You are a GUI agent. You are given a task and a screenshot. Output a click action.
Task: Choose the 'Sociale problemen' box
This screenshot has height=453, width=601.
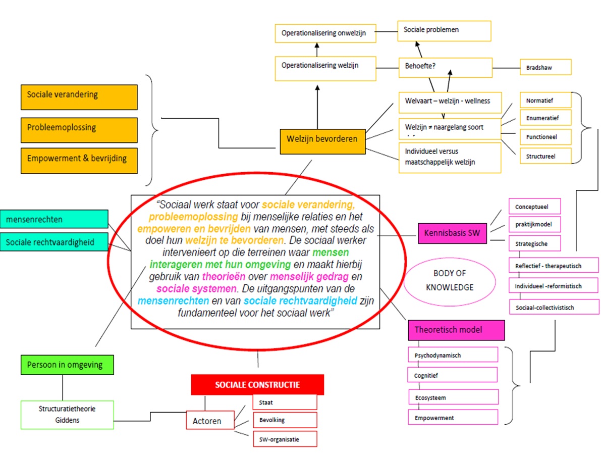(x=444, y=30)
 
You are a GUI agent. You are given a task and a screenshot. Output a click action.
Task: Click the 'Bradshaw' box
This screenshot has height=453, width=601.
(x=545, y=67)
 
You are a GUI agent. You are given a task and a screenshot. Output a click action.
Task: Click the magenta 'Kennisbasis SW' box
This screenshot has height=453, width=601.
(x=452, y=234)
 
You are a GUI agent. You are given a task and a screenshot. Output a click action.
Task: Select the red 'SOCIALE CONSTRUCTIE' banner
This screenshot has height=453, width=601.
(x=257, y=385)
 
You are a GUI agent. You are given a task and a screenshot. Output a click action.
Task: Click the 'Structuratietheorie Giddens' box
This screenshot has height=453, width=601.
(x=67, y=414)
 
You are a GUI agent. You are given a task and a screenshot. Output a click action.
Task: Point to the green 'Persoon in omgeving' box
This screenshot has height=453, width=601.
(x=67, y=365)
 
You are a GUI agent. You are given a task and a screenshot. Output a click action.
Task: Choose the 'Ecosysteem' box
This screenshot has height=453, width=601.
(x=453, y=397)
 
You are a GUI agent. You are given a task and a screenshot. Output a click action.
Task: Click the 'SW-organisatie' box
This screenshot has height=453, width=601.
(x=285, y=439)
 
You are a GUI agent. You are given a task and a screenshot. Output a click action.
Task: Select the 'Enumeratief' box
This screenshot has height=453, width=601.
(x=545, y=118)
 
